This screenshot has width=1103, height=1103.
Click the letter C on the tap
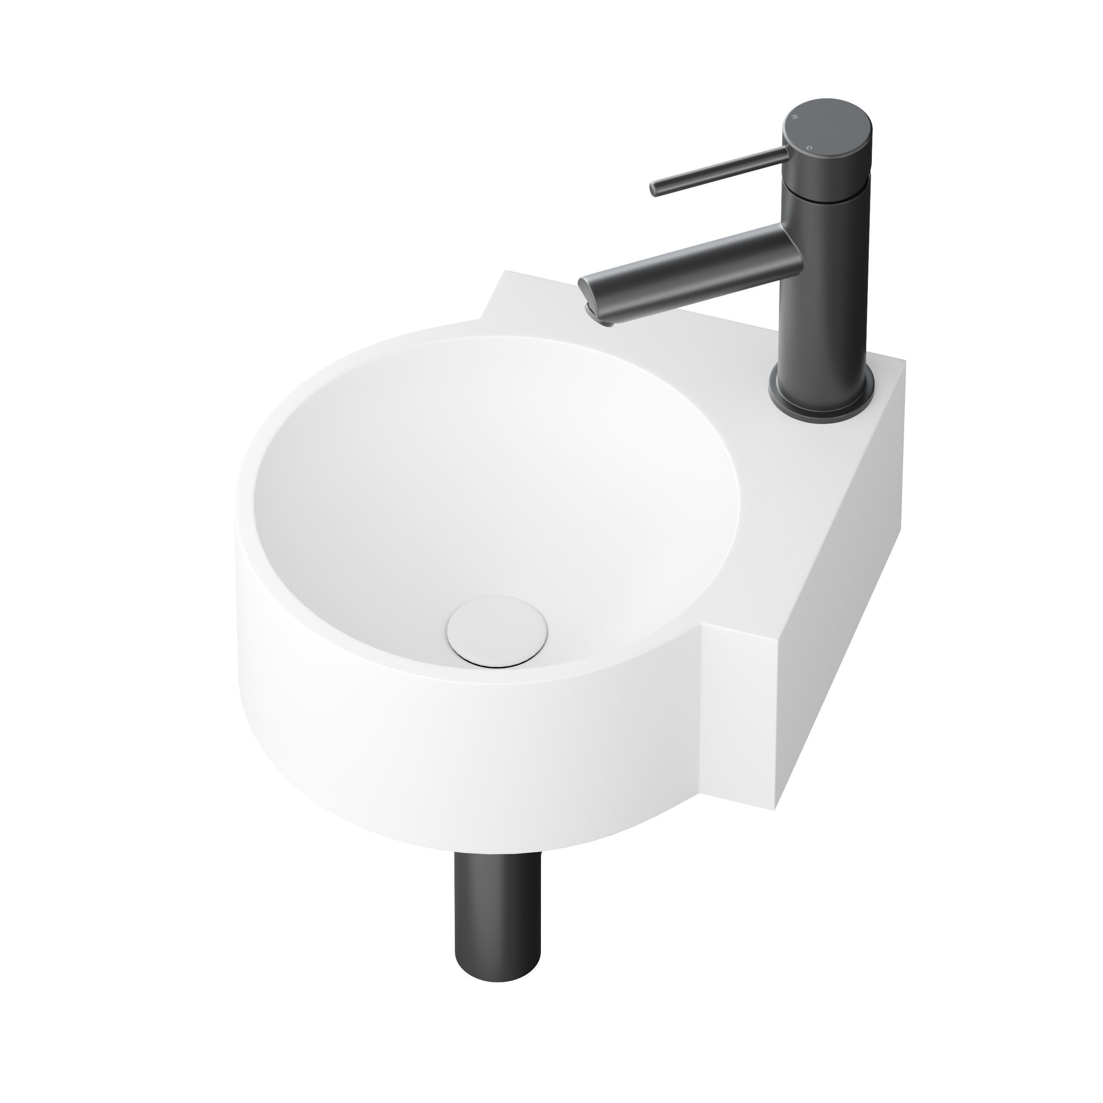808,147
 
